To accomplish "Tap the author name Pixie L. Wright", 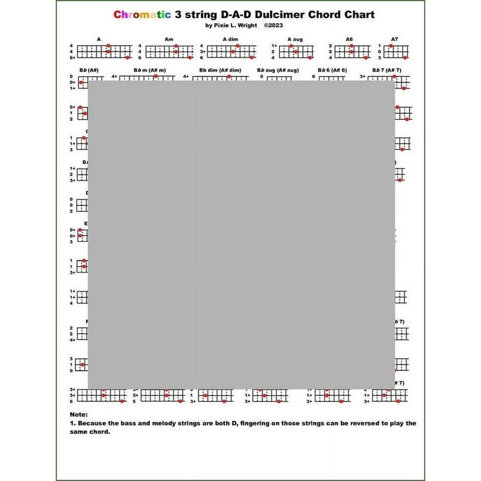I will click(231, 26).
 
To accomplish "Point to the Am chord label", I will click(168, 39).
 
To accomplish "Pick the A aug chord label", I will click(295, 39).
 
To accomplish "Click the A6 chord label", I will click(349, 39).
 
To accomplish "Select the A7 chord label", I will click(395, 39).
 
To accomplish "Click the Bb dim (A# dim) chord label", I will click(220, 70).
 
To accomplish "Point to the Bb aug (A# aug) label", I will click(278, 70).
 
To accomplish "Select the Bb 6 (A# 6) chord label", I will click(332, 70).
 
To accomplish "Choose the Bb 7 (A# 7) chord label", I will click(386, 70).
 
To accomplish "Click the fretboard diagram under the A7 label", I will click(397, 51).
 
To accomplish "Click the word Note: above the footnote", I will click(80, 414).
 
